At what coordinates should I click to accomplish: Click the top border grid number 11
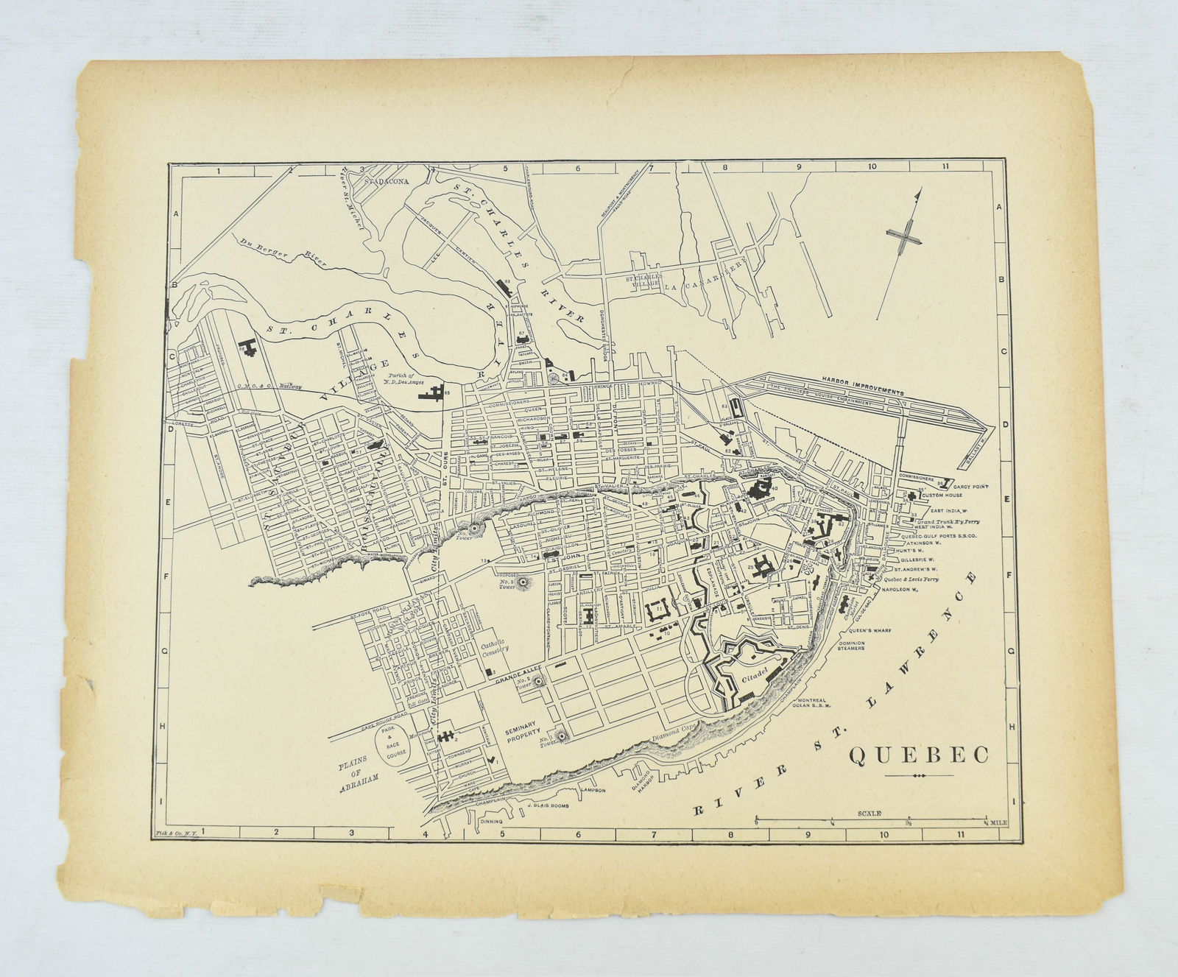pyautogui.click(x=944, y=168)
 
